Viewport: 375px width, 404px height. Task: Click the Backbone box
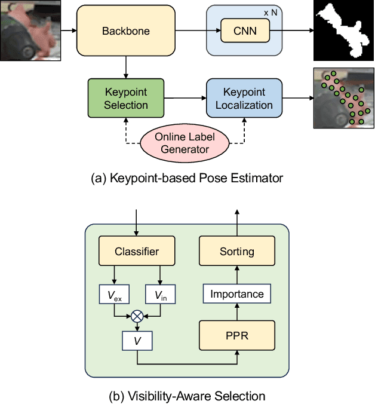[x=126, y=30]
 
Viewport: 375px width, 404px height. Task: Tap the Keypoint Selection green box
[x=126, y=99]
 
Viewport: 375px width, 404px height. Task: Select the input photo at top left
[x=29, y=30]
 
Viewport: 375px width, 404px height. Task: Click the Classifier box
[x=137, y=251]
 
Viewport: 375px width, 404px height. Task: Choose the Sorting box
[x=237, y=251]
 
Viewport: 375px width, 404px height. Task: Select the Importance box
[x=237, y=293]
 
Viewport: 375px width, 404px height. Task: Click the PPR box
[x=237, y=336]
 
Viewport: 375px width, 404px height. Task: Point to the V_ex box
[x=114, y=293]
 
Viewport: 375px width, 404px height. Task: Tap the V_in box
[x=160, y=293]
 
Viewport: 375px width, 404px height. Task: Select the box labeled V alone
[x=137, y=341]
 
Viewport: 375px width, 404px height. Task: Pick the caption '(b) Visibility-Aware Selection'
[x=187, y=395]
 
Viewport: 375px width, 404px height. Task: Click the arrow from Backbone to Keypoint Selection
[x=126, y=67]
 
